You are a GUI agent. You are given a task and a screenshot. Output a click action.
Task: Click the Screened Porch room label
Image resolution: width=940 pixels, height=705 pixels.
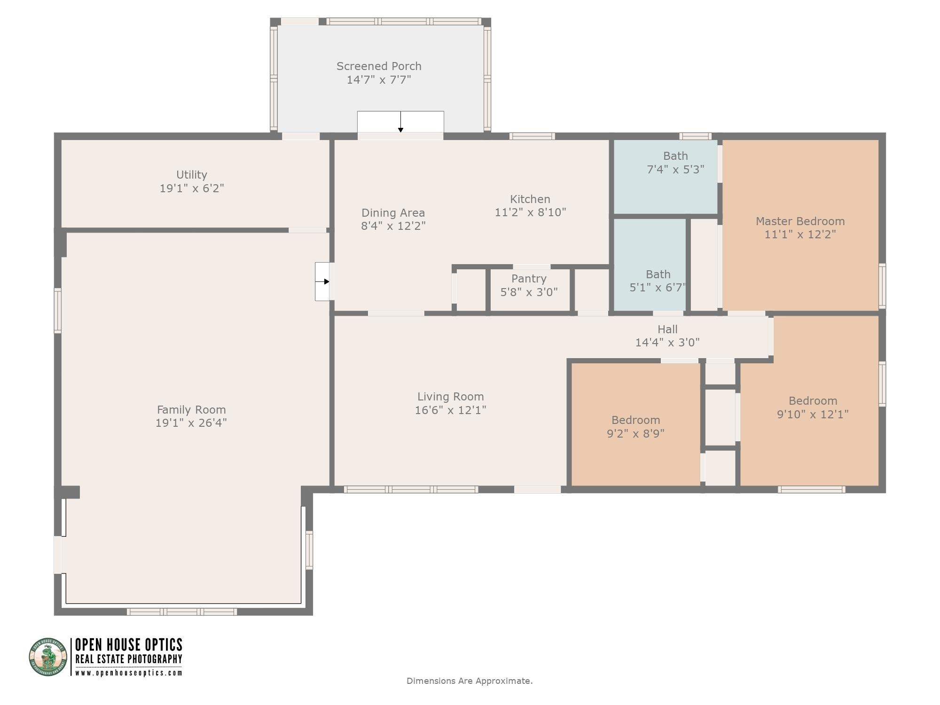pyautogui.click(x=379, y=66)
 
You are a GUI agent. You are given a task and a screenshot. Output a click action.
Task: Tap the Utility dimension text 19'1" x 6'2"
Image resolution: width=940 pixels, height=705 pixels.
pyautogui.click(x=192, y=188)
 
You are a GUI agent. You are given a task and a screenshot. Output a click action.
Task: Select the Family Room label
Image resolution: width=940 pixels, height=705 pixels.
pyautogui.click(x=191, y=410)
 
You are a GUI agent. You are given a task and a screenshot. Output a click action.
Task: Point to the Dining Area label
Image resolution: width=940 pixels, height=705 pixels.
pyautogui.click(x=393, y=213)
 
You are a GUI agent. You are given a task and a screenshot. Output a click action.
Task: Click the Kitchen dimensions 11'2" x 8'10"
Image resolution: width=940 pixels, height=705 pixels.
pyautogui.click(x=530, y=212)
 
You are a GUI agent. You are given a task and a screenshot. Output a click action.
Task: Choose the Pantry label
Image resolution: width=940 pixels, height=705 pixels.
pyautogui.click(x=529, y=279)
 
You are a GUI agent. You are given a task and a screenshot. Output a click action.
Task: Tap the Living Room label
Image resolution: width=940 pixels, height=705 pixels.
pyautogui.click(x=450, y=397)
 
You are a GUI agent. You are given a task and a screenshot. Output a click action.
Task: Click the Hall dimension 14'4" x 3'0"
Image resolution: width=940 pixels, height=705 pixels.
pyautogui.click(x=667, y=343)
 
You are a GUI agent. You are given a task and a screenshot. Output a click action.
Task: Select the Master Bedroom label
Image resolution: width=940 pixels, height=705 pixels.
pyautogui.click(x=800, y=221)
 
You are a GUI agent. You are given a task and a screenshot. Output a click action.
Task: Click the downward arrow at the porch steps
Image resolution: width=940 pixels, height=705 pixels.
pyautogui.click(x=400, y=122)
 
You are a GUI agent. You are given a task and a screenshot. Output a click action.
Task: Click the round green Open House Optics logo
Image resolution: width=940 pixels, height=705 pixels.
pyautogui.click(x=48, y=657)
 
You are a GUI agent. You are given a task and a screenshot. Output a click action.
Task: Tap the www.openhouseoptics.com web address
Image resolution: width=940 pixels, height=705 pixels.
pyautogui.click(x=129, y=673)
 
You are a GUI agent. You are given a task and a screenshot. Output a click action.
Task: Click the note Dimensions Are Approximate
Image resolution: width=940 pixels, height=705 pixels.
pyautogui.click(x=470, y=681)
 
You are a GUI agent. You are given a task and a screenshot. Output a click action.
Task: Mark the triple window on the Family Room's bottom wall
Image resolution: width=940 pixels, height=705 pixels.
pyautogui.click(x=181, y=611)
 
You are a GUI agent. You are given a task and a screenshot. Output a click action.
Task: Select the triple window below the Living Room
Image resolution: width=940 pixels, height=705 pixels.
pyautogui.click(x=411, y=489)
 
